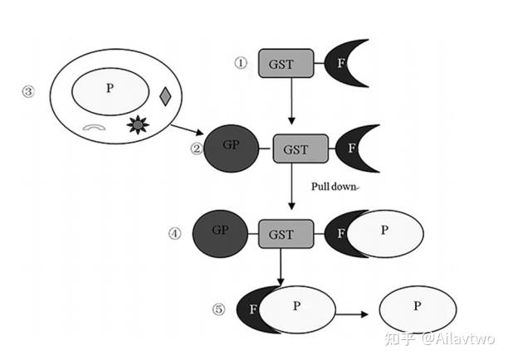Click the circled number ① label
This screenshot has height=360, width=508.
point(241,63)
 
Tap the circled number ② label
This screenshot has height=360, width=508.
point(197,148)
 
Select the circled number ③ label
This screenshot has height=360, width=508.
point(28,91)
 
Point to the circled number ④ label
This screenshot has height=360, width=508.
point(175,233)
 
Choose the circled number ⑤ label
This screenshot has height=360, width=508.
point(218,309)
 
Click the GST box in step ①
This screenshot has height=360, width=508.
point(286,63)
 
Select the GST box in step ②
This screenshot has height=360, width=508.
point(300,148)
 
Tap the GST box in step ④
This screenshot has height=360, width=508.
point(286,234)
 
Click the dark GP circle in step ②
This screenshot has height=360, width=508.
point(232,148)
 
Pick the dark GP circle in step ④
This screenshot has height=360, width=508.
point(220,234)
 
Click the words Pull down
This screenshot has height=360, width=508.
point(334,187)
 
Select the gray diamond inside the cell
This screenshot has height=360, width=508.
point(165,96)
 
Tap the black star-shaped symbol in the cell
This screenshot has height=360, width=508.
point(138,124)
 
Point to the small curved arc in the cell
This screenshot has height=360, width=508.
point(94,126)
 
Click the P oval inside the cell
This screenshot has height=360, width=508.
point(110,91)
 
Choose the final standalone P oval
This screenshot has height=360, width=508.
point(418,309)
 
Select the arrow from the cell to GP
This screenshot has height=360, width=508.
point(187,129)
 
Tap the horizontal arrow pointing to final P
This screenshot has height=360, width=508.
point(351,314)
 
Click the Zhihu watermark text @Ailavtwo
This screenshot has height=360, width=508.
point(458,338)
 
